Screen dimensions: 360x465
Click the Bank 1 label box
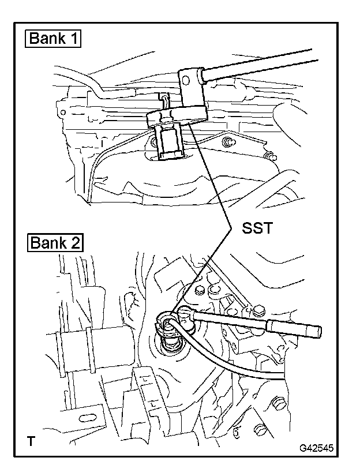coord(52,39)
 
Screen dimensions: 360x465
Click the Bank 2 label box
coord(55,243)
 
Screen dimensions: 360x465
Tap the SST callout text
coord(257,228)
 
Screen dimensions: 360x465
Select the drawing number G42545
coord(316,448)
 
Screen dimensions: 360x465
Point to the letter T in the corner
coord(31,441)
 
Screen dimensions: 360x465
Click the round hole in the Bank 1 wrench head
coord(186,80)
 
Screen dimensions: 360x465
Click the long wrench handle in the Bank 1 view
coord(258,65)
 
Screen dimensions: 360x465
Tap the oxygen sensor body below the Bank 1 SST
coord(169,142)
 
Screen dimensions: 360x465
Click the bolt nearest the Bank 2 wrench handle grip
coord(258,310)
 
